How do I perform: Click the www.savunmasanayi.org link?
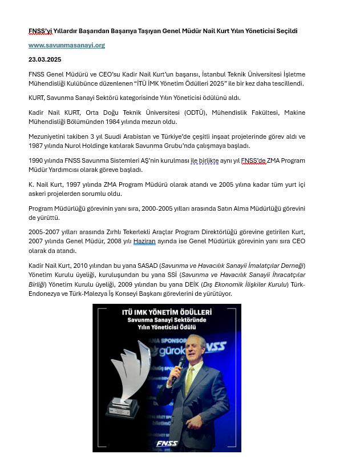[x=67, y=45]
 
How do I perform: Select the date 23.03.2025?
[x=45, y=59]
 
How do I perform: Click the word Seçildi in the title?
[x=284, y=30]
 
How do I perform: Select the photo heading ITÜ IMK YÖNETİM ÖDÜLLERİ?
[x=167, y=313]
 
